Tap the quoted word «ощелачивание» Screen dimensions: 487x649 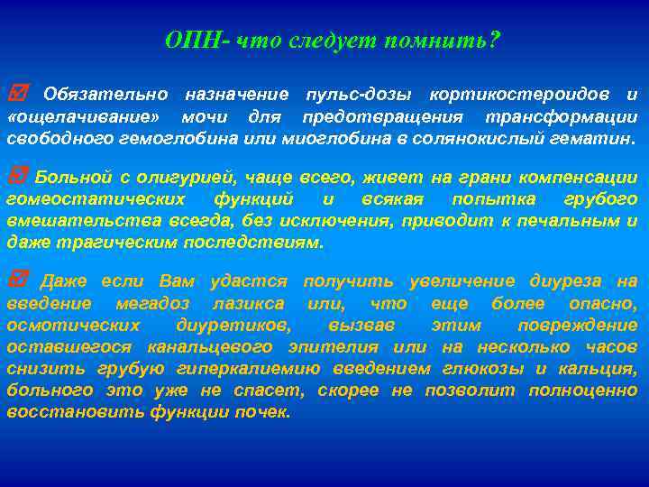(x=85, y=118)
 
